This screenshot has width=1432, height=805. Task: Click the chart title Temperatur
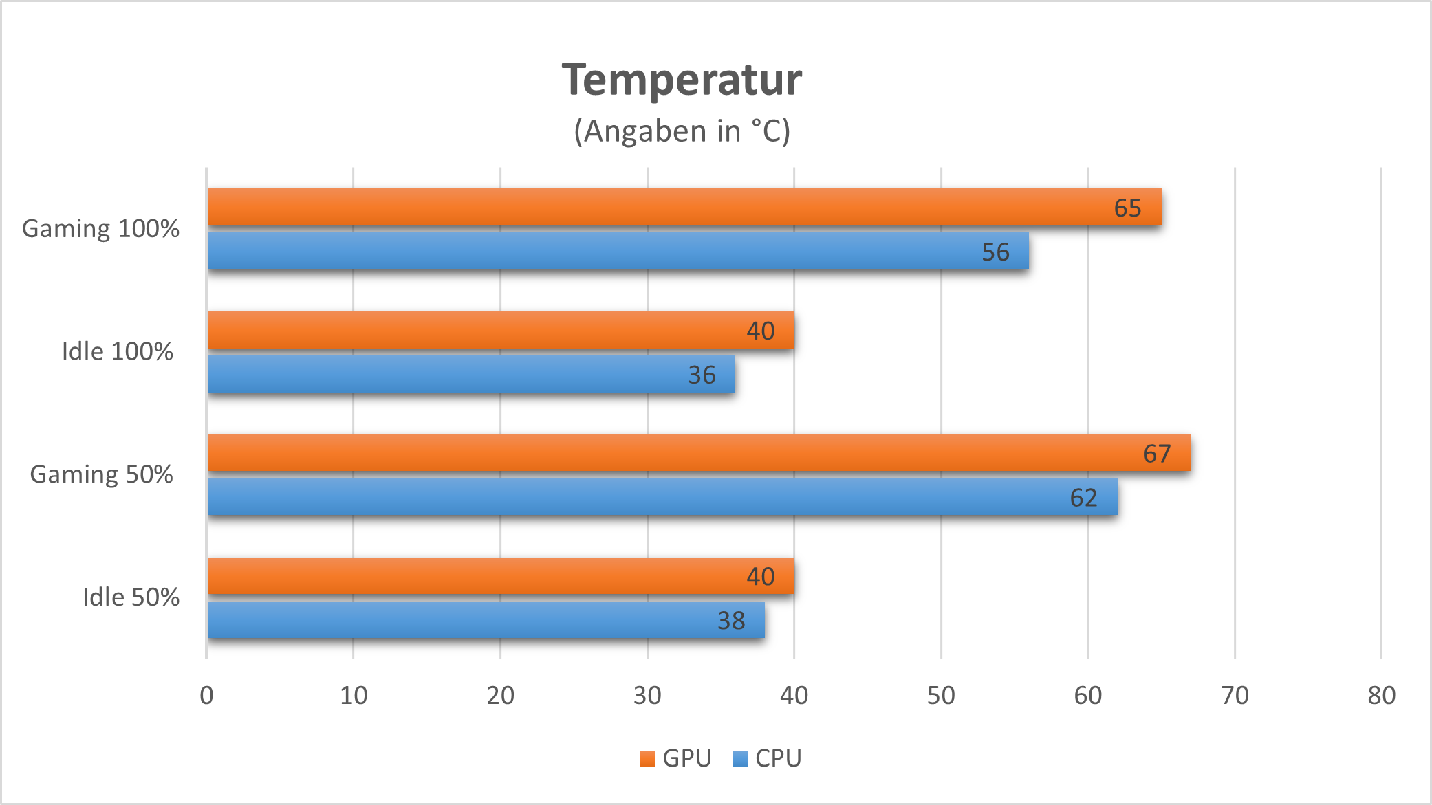[x=682, y=80]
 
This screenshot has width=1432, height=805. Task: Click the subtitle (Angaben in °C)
[x=682, y=131]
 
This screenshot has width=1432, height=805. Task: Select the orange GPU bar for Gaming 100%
[x=684, y=207]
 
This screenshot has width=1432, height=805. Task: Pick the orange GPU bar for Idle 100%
[x=501, y=330]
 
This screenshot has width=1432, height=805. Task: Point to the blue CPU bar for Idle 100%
[x=471, y=374]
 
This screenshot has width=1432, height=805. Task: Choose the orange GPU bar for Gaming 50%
[x=699, y=453]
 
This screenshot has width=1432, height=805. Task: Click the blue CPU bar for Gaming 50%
[x=662, y=497]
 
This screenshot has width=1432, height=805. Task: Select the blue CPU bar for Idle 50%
[x=486, y=620]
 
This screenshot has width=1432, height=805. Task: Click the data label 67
[x=1157, y=454]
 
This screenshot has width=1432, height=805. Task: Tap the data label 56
[x=995, y=252]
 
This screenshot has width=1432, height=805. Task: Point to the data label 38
[x=731, y=621]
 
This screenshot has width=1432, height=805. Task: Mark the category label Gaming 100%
[x=100, y=229]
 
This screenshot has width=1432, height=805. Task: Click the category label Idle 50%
[x=131, y=597]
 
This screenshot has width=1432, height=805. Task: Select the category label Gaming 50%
[x=101, y=475]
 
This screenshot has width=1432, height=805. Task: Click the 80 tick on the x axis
[x=1381, y=696]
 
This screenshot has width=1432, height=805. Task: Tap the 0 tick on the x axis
[x=206, y=696]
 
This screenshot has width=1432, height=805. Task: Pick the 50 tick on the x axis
[x=940, y=696]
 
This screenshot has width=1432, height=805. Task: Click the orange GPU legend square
[x=647, y=758]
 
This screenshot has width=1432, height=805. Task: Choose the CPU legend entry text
[x=778, y=758]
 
